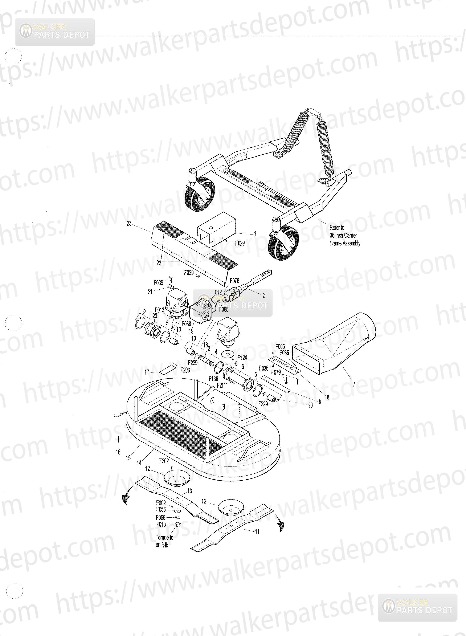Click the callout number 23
[x=129, y=223]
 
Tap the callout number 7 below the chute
[x=354, y=384]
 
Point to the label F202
[x=164, y=461]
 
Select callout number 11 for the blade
[x=257, y=531]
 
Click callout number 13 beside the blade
[x=189, y=491]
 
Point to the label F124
[x=242, y=358]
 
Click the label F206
[x=185, y=370]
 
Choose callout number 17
[x=147, y=372]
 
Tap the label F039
[x=158, y=282]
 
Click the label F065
[x=224, y=309]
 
